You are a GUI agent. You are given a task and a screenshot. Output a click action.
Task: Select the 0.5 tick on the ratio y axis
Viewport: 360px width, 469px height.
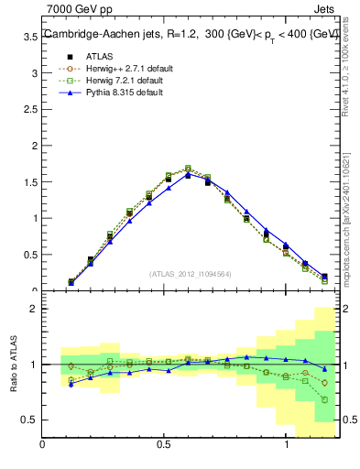pyautogui.click(x=30, y=420)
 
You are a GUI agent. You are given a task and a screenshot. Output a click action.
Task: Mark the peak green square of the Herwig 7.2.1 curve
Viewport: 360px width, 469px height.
pyautogui.click(x=188, y=169)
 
